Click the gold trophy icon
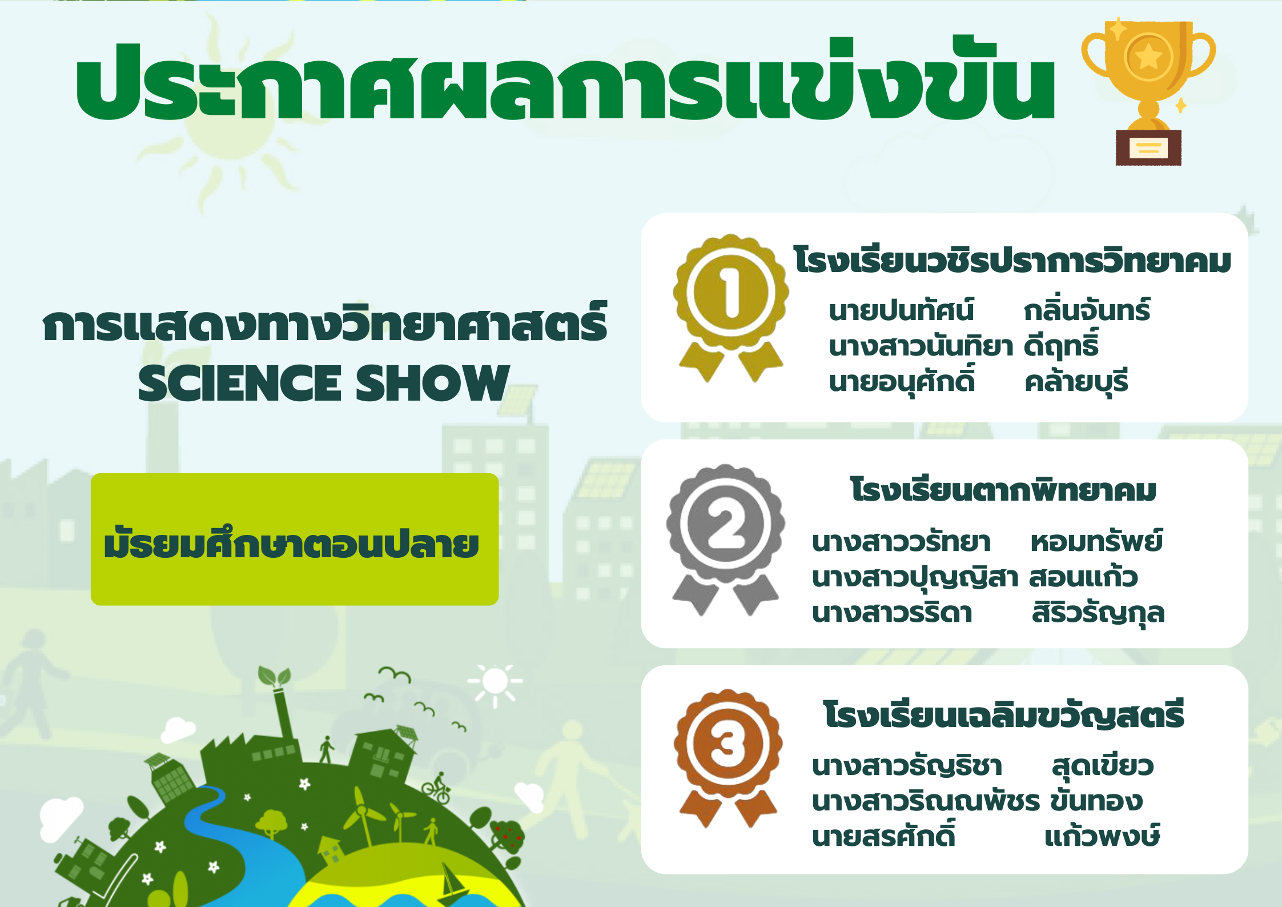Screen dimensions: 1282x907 pyautogui.click(x=1148, y=91)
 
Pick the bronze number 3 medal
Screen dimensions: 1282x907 pyautogui.click(x=728, y=757)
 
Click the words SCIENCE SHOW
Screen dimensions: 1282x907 pyautogui.click(x=324, y=383)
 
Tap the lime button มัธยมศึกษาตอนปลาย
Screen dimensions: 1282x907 pyautogui.click(x=295, y=539)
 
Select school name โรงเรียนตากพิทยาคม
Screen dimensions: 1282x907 pyautogui.click(x=1003, y=490)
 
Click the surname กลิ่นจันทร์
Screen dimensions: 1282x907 pyautogui.click(x=1087, y=310)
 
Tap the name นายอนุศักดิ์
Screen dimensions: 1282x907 pyautogui.click(x=902, y=381)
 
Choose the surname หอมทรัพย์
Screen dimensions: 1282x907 pyautogui.click(x=1096, y=540)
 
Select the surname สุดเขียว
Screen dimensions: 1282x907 pyautogui.click(x=1103, y=765)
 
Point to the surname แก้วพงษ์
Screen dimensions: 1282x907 pyautogui.click(x=1102, y=836)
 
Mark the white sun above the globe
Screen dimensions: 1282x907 pyautogui.click(x=495, y=682)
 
